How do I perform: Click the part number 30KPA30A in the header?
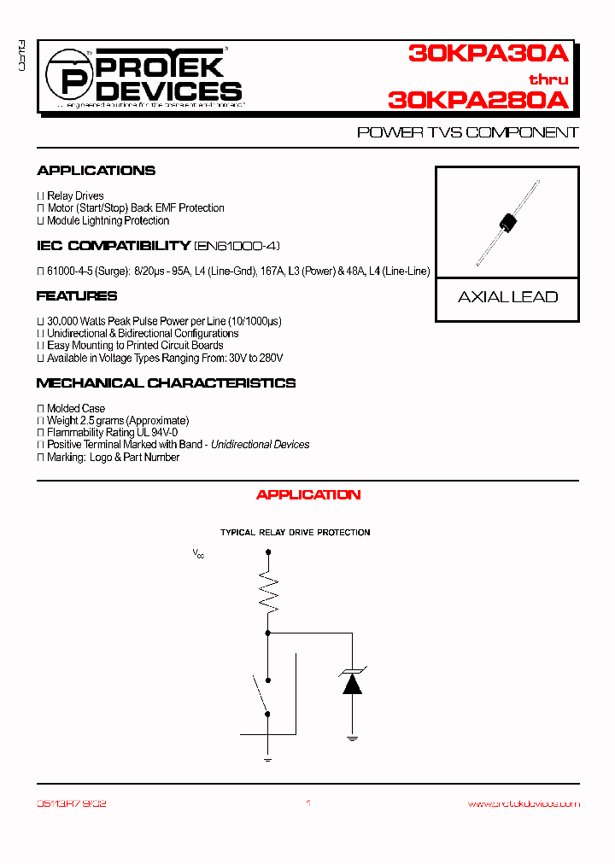(488, 55)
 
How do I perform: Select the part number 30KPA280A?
(477, 100)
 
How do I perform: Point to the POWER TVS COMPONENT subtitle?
(467, 133)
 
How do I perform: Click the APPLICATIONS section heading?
(96, 171)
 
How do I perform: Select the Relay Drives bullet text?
(75, 196)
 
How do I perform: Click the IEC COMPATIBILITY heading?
(113, 246)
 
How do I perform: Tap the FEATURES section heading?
(77, 296)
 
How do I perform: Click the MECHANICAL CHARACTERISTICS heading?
(166, 383)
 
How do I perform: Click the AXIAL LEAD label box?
(507, 297)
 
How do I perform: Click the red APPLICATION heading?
(308, 495)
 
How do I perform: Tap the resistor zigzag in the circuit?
(268, 591)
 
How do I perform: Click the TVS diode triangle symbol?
(351, 683)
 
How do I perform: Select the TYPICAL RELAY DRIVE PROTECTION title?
(295, 533)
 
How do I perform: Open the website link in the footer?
(524, 803)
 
